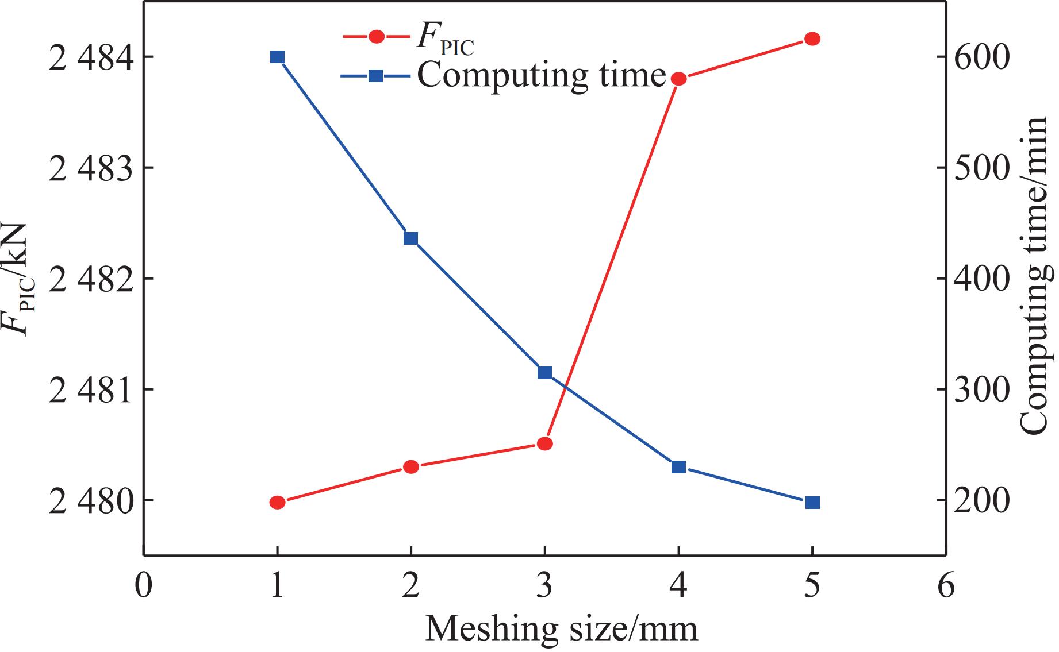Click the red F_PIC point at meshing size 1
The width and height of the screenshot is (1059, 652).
277,503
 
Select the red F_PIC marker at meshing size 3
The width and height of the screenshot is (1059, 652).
544,443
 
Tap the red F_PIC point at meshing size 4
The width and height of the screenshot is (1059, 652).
678,79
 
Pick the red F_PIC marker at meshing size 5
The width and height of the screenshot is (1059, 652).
812,38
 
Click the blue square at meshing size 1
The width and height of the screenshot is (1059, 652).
277,57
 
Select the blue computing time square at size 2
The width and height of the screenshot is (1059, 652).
410,238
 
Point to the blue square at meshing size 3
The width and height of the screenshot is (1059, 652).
544,373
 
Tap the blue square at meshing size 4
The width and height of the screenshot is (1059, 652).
678,466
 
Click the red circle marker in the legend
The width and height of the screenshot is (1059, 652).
377,37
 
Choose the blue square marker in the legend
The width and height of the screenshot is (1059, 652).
375,75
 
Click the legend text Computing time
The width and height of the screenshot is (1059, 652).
541,75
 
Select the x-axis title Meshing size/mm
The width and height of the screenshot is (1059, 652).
561,629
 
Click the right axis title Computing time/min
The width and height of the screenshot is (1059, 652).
1038,276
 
